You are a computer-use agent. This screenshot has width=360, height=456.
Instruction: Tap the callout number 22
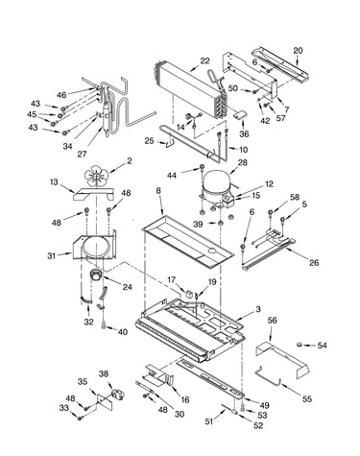[204, 60]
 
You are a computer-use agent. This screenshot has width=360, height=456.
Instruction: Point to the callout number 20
[298, 51]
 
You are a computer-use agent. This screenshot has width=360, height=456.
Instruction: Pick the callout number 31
[52, 255]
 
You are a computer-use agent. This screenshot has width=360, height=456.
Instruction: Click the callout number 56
[273, 321]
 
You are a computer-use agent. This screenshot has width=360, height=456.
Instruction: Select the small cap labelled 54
[300, 345]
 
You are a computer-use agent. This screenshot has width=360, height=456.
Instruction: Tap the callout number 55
[306, 398]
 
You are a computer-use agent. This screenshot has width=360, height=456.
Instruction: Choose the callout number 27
[82, 154]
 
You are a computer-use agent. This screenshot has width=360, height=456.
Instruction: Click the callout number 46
[62, 95]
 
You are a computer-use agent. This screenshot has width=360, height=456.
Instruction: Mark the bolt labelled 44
[203, 167]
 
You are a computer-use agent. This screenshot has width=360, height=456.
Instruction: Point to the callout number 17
[172, 280]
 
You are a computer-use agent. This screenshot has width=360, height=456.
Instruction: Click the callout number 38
[104, 373]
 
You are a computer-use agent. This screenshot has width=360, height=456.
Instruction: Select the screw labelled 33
[79, 418]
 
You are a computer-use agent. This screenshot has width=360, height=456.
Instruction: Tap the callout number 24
[127, 287]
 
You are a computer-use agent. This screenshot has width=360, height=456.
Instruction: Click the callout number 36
[244, 133]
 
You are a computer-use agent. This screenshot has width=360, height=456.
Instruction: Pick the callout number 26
[314, 263]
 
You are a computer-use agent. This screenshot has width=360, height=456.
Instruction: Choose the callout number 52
[258, 425]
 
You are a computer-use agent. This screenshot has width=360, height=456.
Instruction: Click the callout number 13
[54, 182]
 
